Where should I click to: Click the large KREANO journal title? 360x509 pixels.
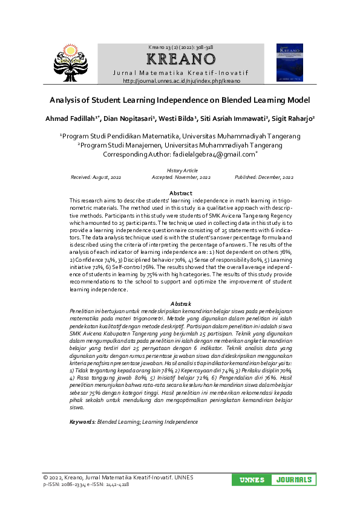(x=182, y=59)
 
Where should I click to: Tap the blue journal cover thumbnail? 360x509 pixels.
(x=289, y=62)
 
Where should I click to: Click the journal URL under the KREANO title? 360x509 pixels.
(x=182, y=80)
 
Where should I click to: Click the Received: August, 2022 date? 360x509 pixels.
(x=96, y=178)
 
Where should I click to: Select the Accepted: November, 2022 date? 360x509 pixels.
(x=181, y=178)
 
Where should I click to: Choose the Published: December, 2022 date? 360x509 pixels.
(x=264, y=178)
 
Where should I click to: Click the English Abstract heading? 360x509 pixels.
(x=181, y=193)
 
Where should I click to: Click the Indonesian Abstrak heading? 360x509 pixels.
(x=181, y=303)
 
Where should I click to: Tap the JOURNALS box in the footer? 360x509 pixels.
(x=293, y=480)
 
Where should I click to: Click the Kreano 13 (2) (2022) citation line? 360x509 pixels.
(x=181, y=47)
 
